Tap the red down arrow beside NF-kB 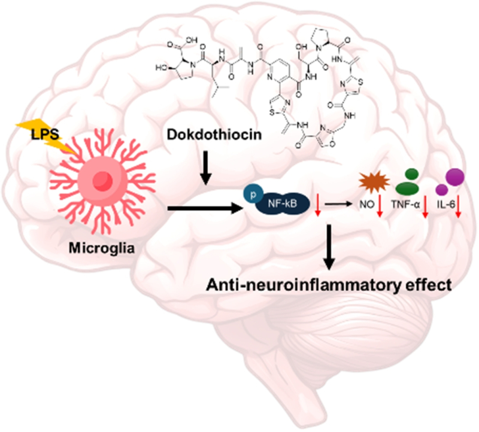[317, 212]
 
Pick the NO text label [368, 208]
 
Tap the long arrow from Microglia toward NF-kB [204, 209]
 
